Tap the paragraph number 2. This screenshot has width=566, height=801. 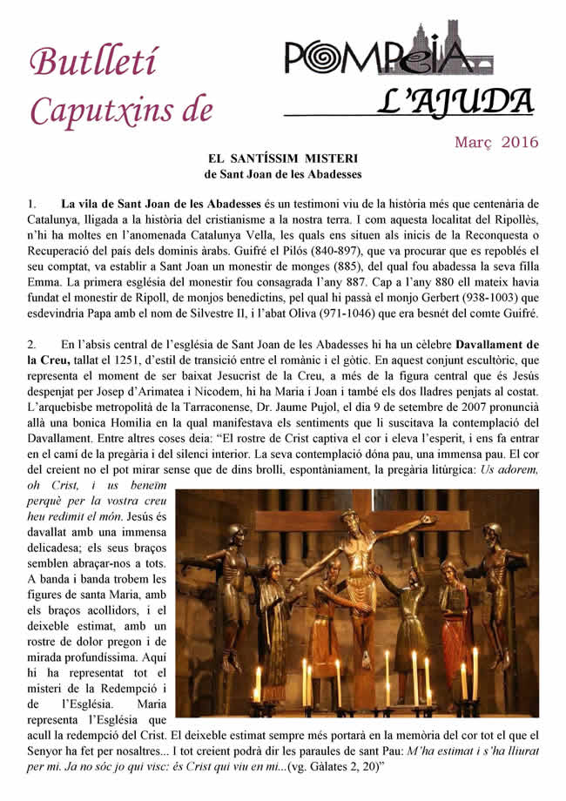click(x=31, y=344)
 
